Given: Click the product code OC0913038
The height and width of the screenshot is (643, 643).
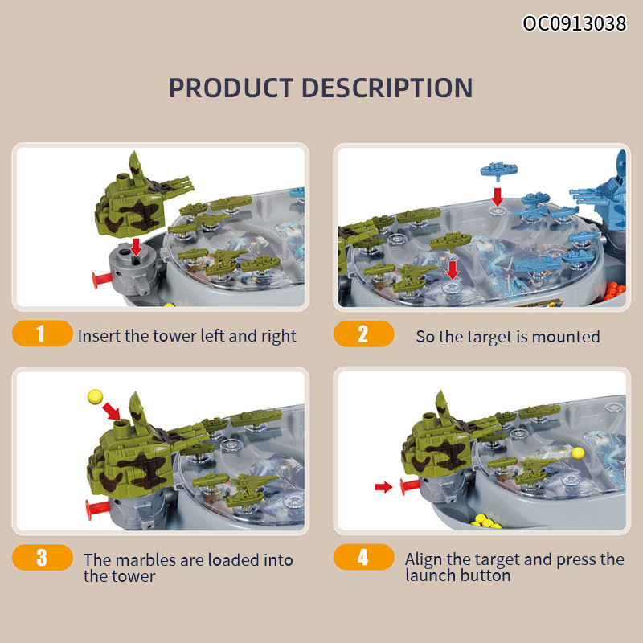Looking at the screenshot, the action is pos(575,23).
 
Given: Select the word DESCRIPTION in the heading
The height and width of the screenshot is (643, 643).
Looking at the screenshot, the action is pos(387,88).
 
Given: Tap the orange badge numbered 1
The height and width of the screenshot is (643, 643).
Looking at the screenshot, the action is pos(43,333).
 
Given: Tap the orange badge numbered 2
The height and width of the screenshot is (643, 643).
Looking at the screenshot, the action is pos(364,334).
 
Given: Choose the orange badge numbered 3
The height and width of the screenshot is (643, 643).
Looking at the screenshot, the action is pos(43,557).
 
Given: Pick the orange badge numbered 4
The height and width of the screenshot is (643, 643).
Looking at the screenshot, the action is pos(364,557).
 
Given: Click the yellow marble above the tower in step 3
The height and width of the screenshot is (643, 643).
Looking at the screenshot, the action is pos(95,396).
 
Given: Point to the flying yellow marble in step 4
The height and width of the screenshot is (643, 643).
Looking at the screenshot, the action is pos(578,453).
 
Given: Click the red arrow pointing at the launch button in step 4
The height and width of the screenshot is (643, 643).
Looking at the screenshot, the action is pos(383,487).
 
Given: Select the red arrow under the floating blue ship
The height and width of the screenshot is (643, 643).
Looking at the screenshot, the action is pos(498,196).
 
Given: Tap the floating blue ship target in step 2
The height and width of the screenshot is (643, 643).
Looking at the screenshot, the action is pos(498,170).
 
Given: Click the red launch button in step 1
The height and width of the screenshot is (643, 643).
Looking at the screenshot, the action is pos(102,281).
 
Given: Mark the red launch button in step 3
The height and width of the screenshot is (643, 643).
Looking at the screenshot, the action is pos(96,509).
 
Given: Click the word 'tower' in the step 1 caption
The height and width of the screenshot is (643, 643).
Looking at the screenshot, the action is pos(174,336).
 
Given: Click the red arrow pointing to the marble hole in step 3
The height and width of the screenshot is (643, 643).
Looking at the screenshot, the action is pos(111,412).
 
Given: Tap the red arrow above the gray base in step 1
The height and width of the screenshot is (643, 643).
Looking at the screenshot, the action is pos(136,247).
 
